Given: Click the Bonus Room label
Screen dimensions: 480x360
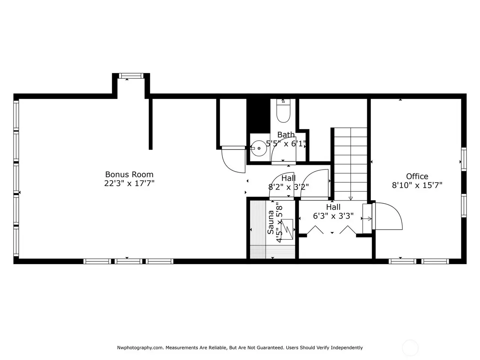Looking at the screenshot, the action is pyautogui.click(x=129, y=174).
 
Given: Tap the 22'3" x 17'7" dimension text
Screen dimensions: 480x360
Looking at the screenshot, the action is pyautogui.click(x=129, y=183).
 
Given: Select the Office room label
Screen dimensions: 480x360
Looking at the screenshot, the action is pyautogui.click(x=417, y=176).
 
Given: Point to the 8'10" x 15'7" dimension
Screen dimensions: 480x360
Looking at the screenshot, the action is pyautogui.click(x=417, y=185).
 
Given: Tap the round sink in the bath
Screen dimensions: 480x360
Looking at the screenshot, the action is pyautogui.click(x=259, y=148).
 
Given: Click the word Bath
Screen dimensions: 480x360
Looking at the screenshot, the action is pyautogui.click(x=286, y=135).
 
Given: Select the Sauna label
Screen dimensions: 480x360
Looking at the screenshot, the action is pyautogui.click(x=271, y=222).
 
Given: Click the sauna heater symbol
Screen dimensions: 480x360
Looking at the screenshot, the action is pyautogui.click(x=287, y=229).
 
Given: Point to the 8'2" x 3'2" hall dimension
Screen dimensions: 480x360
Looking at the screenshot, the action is pyautogui.click(x=288, y=187).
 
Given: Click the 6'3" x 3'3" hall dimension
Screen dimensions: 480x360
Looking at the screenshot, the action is pyautogui.click(x=333, y=216).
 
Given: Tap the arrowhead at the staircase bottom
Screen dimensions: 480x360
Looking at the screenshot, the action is pyautogui.click(x=351, y=198).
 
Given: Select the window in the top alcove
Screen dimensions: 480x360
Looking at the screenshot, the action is pyautogui.click(x=131, y=76).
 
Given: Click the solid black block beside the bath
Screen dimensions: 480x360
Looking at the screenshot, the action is pyautogui.click(x=258, y=116).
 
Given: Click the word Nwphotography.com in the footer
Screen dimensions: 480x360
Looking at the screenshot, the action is pyautogui.click(x=140, y=348).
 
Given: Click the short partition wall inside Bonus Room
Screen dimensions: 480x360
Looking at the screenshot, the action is pyautogui.click(x=150, y=124).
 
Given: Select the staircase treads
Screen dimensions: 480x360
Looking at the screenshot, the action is pyautogui.click(x=351, y=164).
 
